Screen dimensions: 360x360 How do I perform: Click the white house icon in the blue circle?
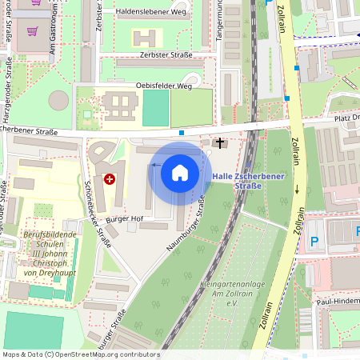pos(180,173)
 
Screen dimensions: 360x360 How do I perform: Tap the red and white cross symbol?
pos(110,179)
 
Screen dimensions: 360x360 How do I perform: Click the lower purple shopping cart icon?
pos(33,32)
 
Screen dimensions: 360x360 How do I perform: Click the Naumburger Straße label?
pos(187,226)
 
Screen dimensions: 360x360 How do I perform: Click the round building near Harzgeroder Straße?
pos(58,101)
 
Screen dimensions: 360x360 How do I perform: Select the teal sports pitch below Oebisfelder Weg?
pos(156,108)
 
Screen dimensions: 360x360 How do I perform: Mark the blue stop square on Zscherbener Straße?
pos(182,132)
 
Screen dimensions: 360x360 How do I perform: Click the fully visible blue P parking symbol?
pos(314,241)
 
